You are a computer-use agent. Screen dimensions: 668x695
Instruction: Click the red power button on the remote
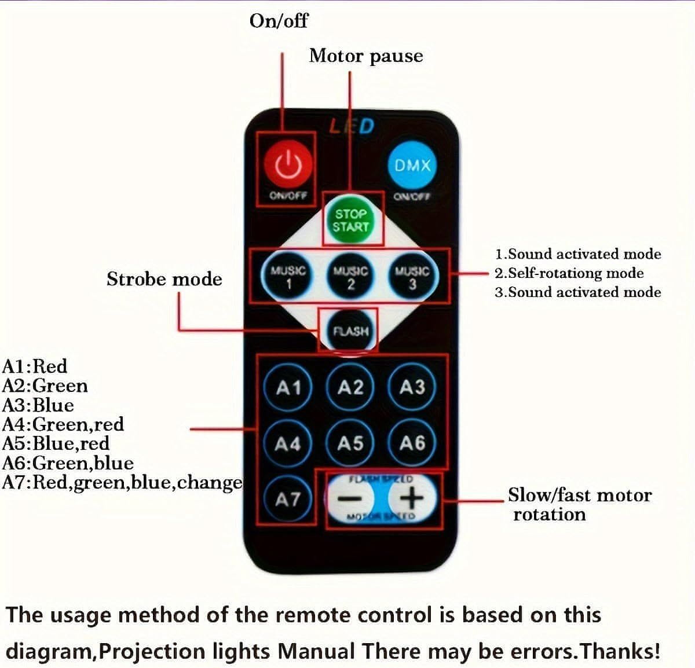point(288,164)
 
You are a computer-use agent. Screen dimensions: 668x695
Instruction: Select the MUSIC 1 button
point(288,276)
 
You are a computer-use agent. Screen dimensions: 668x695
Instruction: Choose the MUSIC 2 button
point(350,276)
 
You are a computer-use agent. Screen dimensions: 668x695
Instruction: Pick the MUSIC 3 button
point(412,276)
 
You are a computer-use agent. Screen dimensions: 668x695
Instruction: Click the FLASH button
point(350,331)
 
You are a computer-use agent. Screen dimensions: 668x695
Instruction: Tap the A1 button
point(288,387)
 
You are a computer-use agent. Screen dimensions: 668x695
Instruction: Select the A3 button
point(412,387)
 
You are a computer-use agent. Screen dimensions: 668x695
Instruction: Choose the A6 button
point(412,443)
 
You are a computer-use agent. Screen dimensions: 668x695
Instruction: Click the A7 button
point(288,498)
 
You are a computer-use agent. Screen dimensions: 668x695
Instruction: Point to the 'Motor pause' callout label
point(365,56)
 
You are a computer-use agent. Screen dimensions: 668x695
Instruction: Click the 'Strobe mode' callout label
point(164,279)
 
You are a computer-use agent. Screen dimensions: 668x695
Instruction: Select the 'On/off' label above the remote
point(279,21)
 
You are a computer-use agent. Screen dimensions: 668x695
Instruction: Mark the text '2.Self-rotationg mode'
point(569,273)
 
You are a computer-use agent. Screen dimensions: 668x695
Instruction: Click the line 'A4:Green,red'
point(63,424)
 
